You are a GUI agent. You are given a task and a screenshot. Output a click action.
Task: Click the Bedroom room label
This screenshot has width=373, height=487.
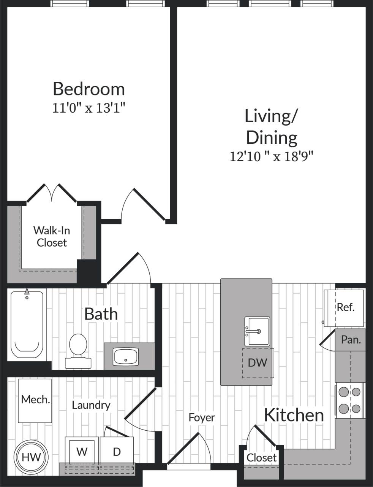pos(89,89)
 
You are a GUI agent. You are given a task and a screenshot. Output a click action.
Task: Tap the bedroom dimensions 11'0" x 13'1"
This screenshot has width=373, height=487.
pos(89,108)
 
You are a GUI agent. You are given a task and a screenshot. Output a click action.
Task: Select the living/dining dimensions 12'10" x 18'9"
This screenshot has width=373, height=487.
pos(272,156)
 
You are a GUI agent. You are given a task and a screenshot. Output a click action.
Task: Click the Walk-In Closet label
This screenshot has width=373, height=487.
pos(52,236)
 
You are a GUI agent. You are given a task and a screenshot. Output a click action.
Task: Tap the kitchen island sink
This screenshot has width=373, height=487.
pos(257,331)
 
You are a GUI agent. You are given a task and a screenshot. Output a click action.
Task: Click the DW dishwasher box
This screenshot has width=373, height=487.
pos(258,363)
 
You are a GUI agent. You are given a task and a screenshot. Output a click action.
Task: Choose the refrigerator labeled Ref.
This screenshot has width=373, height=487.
pos(345,307)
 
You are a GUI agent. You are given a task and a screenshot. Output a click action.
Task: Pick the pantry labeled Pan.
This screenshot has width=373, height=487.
pos(351,340)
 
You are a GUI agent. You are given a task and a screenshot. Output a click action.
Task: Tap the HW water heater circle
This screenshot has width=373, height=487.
pos(31,457)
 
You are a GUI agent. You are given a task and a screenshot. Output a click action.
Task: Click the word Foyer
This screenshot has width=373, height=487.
pos(202,417)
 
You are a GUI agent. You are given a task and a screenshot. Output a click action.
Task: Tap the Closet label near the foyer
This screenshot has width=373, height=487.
pos(261,457)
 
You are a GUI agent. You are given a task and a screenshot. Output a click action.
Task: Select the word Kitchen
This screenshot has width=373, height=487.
pos(294,415)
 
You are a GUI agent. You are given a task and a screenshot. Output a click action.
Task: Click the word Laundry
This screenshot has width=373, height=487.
pos(91,405)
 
